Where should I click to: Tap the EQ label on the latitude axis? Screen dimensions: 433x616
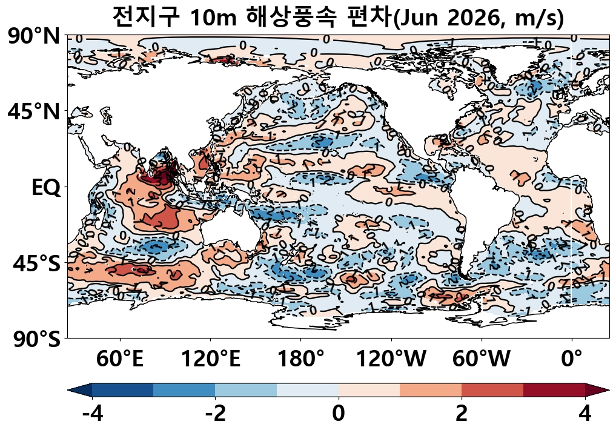point(45,188)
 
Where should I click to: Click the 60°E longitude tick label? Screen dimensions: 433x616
point(120,359)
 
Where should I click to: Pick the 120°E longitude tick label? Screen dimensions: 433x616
point(211,359)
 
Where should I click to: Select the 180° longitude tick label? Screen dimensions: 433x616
point(301,359)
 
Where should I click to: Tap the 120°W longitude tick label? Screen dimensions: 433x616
point(391,359)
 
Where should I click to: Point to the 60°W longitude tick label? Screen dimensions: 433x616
point(482,359)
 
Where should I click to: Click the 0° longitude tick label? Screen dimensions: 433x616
point(572,359)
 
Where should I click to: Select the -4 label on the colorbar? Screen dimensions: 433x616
point(91,414)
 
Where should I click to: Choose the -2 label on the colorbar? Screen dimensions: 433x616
point(215,414)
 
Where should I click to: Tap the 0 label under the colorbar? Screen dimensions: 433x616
point(339,414)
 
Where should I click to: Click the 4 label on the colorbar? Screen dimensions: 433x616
point(585,414)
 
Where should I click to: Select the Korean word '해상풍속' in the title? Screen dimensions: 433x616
point(286,18)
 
